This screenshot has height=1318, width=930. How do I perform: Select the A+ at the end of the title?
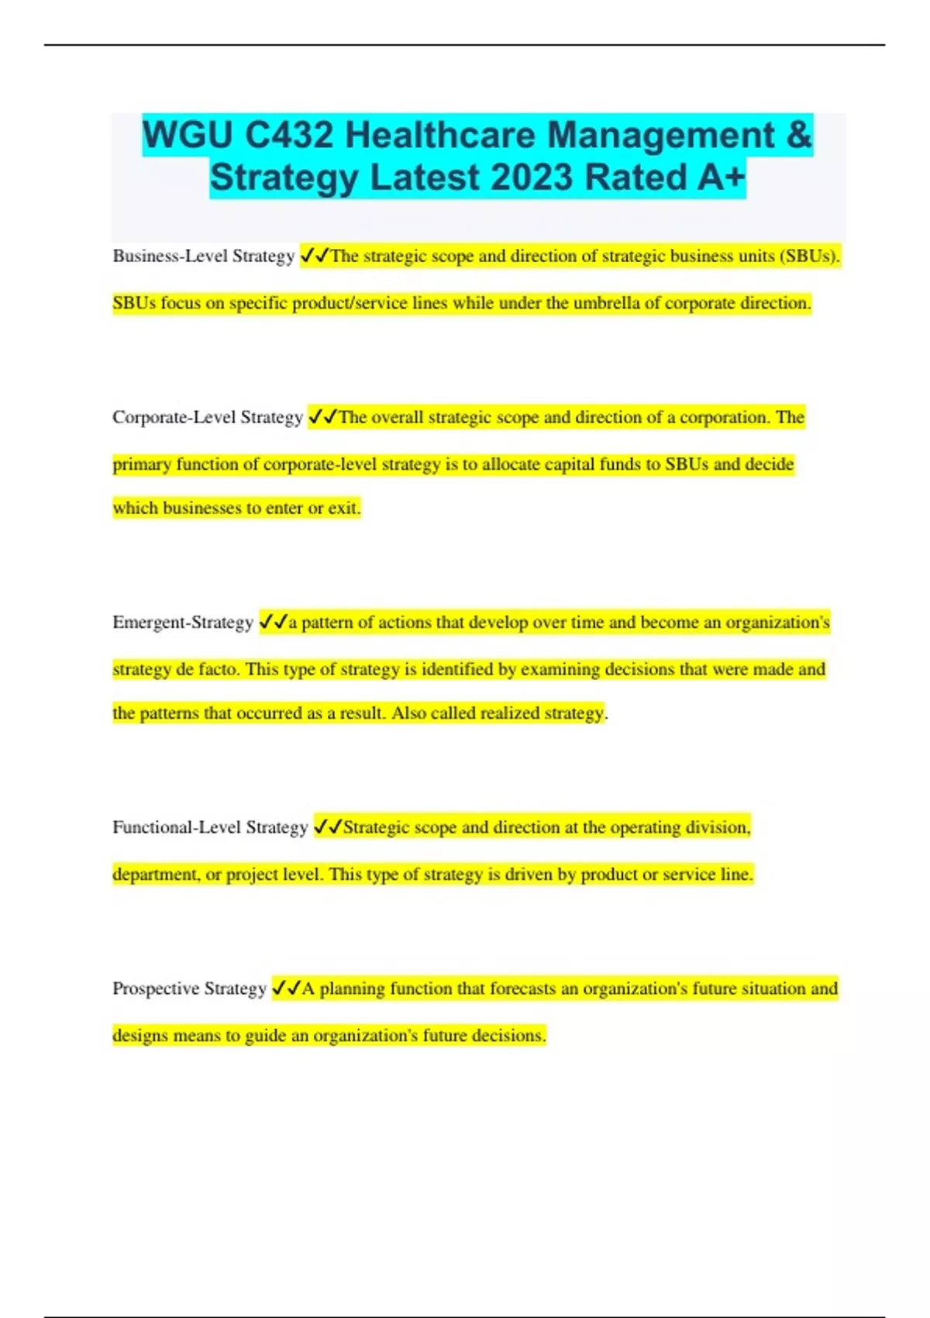721,178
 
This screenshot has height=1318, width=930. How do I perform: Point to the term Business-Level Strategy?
203,256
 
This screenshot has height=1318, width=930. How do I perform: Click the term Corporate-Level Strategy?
207,417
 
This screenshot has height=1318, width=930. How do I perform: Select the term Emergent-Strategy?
183,623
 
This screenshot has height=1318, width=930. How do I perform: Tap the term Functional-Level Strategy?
210,827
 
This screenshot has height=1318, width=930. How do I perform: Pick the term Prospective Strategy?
189,988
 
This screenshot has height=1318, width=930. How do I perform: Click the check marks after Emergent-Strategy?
273,622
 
